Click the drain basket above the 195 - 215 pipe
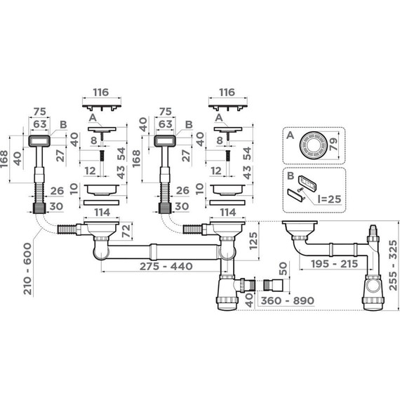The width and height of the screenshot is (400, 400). pyautogui.click(x=300, y=229)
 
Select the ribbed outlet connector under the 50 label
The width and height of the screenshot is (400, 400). pyautogui.click(x=271, y=285)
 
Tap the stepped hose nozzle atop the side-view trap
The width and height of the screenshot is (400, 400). pyautogui.click(x=373, y=231)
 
